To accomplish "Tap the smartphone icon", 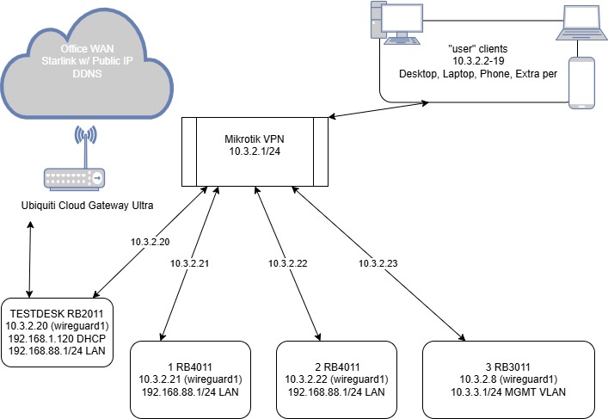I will [x=582, y=83].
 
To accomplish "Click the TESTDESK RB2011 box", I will [x=57, y=331].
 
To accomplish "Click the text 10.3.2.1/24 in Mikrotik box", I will [x=255, y=151].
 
